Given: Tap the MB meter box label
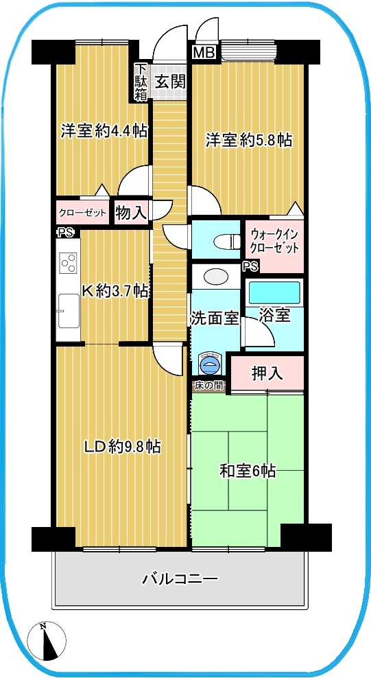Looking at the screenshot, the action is tap(204, 52).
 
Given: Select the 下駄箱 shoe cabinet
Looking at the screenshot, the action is tap(141, 82).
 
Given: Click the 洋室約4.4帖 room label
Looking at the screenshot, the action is tap(104, 130).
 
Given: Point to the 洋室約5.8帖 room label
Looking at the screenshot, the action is tap(248, 140).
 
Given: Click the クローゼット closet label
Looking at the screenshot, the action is tap(82, 213).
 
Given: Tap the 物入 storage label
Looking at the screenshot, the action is tap(131, 213).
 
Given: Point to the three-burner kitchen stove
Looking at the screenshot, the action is tap(69, 262).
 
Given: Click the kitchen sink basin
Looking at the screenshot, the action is tap(69, 311).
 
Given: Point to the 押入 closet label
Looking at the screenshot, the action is tap(267, 373).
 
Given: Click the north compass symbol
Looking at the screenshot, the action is tap(47, 640).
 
